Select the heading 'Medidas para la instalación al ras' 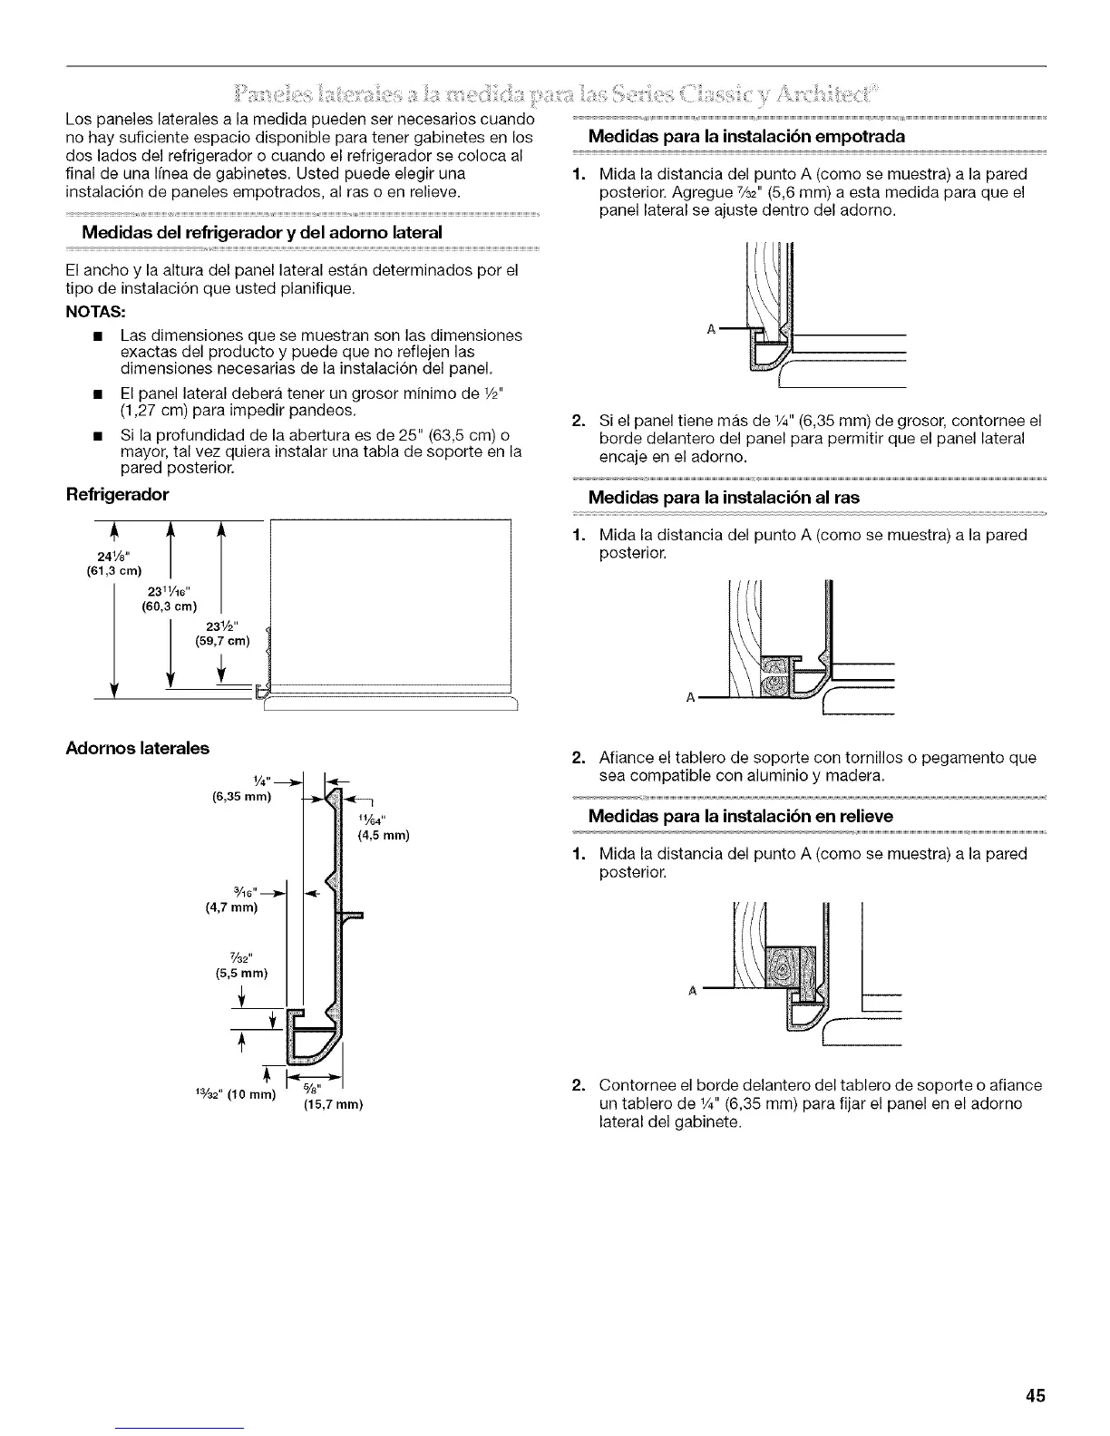click(724, 497)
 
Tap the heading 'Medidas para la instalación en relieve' click(740, 816)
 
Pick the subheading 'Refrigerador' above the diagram click(116, 495)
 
